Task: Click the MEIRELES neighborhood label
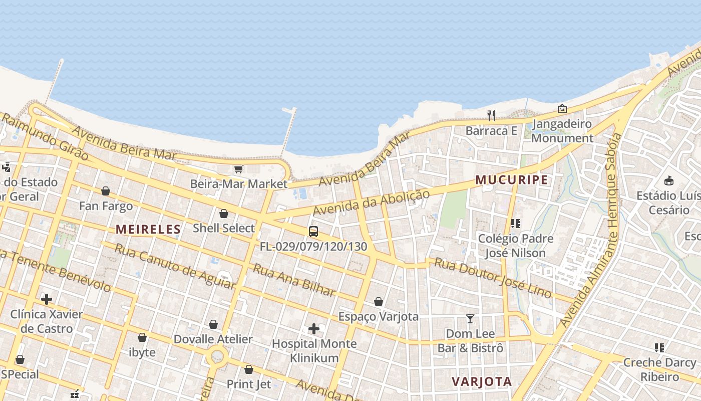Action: pyautogui.click(x=148, y=230)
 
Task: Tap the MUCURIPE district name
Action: pyautogui.click(x=511, y=180)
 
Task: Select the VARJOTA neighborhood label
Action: pyautogui.click(x=482, y=381)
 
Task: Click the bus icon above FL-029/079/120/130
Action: pyautogui.click(x=313, y=232)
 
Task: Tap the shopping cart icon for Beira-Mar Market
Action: pyautogui.click(x=238, y=169)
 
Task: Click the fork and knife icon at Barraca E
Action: pyautogui.click(x=491, y=116)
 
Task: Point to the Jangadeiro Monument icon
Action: pyautogui.click(x=562, y=109)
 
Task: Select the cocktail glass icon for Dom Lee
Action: pyautogui.click(x=470, y=319)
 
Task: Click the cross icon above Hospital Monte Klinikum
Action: pyautogui.click(x=314, y=329)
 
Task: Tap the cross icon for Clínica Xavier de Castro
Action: pyautogui.click(x=47, y=299)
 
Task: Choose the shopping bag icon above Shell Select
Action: pyautogui.click(x=224, y=214)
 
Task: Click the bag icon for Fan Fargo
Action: pyautogui.click(x=106, y=191)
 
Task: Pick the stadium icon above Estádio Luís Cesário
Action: pyautogui.click(x=669, y=180)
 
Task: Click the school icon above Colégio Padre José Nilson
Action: pyautogui.click(x=516, y=224)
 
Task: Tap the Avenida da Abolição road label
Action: pyautogui.click(x=371, y=203)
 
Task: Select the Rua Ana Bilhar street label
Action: pyautogui.click(x=294, y=280)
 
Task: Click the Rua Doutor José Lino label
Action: pyautogui.click(x=493, y=277)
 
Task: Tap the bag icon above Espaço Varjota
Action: pyautogui.click(x=379, y=302)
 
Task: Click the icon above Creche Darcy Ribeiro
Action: pyautogui.click(x=659, y=347)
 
